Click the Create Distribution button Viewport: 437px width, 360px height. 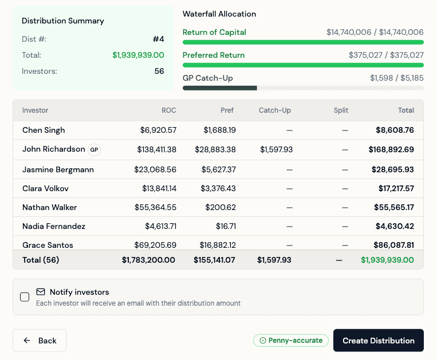tap(378, 341)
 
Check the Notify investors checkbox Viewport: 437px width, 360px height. tap(25, 297)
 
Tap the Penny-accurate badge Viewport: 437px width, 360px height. tap(291, 341)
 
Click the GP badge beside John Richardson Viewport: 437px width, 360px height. tap(95, 150)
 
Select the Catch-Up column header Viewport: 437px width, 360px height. tap(275, 110)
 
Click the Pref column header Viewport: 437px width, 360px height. tap(227, 110)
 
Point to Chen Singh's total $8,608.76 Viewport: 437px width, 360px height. tap(395, 130)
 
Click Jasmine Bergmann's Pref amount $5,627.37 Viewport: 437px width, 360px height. tap(219, 169)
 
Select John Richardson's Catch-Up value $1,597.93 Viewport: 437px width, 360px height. tap(276, 149)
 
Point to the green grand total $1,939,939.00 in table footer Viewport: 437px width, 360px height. tap(387, 260)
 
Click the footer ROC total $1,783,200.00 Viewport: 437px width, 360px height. tap(148, 260)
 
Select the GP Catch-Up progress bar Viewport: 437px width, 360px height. tap(303, 88)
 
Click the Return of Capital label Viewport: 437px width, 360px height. tap(214, 33)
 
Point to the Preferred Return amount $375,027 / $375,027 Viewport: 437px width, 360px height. tap(386, 56)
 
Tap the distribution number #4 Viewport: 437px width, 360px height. tap(158, 39)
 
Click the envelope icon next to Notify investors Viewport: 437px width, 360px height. tap(41, 292)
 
